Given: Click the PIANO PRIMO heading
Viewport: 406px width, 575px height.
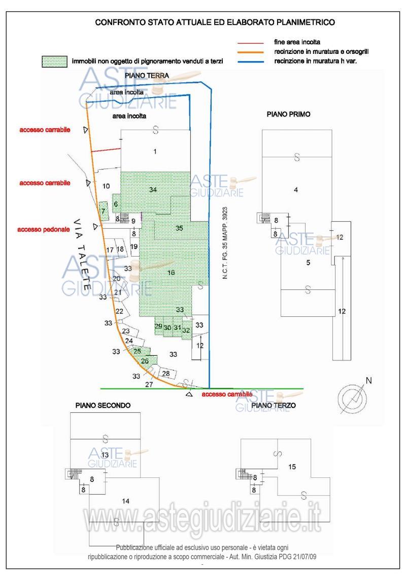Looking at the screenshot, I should click(288, 115).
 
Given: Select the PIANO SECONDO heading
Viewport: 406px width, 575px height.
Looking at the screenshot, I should click(103, 406).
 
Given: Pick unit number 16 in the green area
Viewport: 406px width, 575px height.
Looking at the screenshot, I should click(171, 273).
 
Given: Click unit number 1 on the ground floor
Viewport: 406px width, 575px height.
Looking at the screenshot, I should click(155, 151).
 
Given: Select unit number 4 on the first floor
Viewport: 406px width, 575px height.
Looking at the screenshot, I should click(295, 190).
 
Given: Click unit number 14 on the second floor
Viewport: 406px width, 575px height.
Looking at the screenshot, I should click(126, 501).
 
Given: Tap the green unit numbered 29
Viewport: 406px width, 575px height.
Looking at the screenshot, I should click(158, 326).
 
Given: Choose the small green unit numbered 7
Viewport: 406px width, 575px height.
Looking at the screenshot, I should click(103, 211).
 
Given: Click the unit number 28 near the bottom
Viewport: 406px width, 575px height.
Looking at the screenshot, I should click(165, 374).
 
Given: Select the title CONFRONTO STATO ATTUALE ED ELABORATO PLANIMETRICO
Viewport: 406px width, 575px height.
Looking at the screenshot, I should click(215, 22).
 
